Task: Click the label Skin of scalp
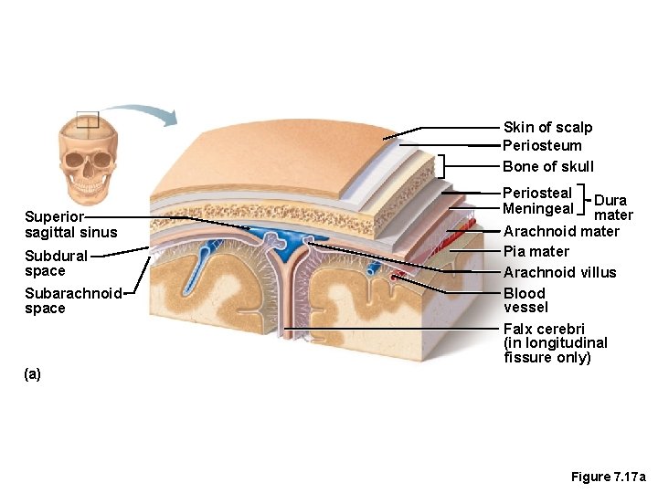(547, 128)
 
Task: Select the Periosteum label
(542, 146)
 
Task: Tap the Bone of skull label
(547, 166)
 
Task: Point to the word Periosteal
(537, 194)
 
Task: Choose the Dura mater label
(611, 207)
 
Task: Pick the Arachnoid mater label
(561, 232)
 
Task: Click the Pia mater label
(536, 252)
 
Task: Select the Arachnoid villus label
(559, 273)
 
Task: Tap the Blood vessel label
(525, 300)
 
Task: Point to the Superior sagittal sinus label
(70, 225)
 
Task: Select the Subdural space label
(56, 263)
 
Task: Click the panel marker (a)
(33, 374)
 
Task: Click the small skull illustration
(88, 156)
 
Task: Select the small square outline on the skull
(87, 120)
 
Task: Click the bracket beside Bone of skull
(441, 165)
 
